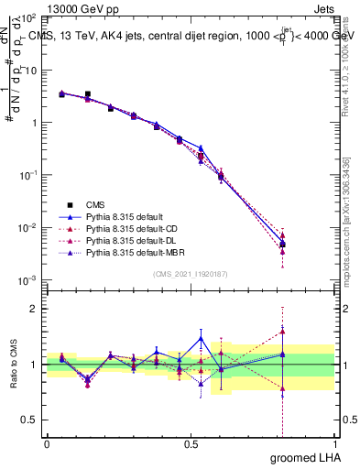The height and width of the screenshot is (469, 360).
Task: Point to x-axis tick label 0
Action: [x=47, y=443]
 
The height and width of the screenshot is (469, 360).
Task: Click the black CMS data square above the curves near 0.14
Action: [x=87, y=94]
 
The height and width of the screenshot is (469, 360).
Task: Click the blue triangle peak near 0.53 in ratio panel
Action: [x=201, y=338]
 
